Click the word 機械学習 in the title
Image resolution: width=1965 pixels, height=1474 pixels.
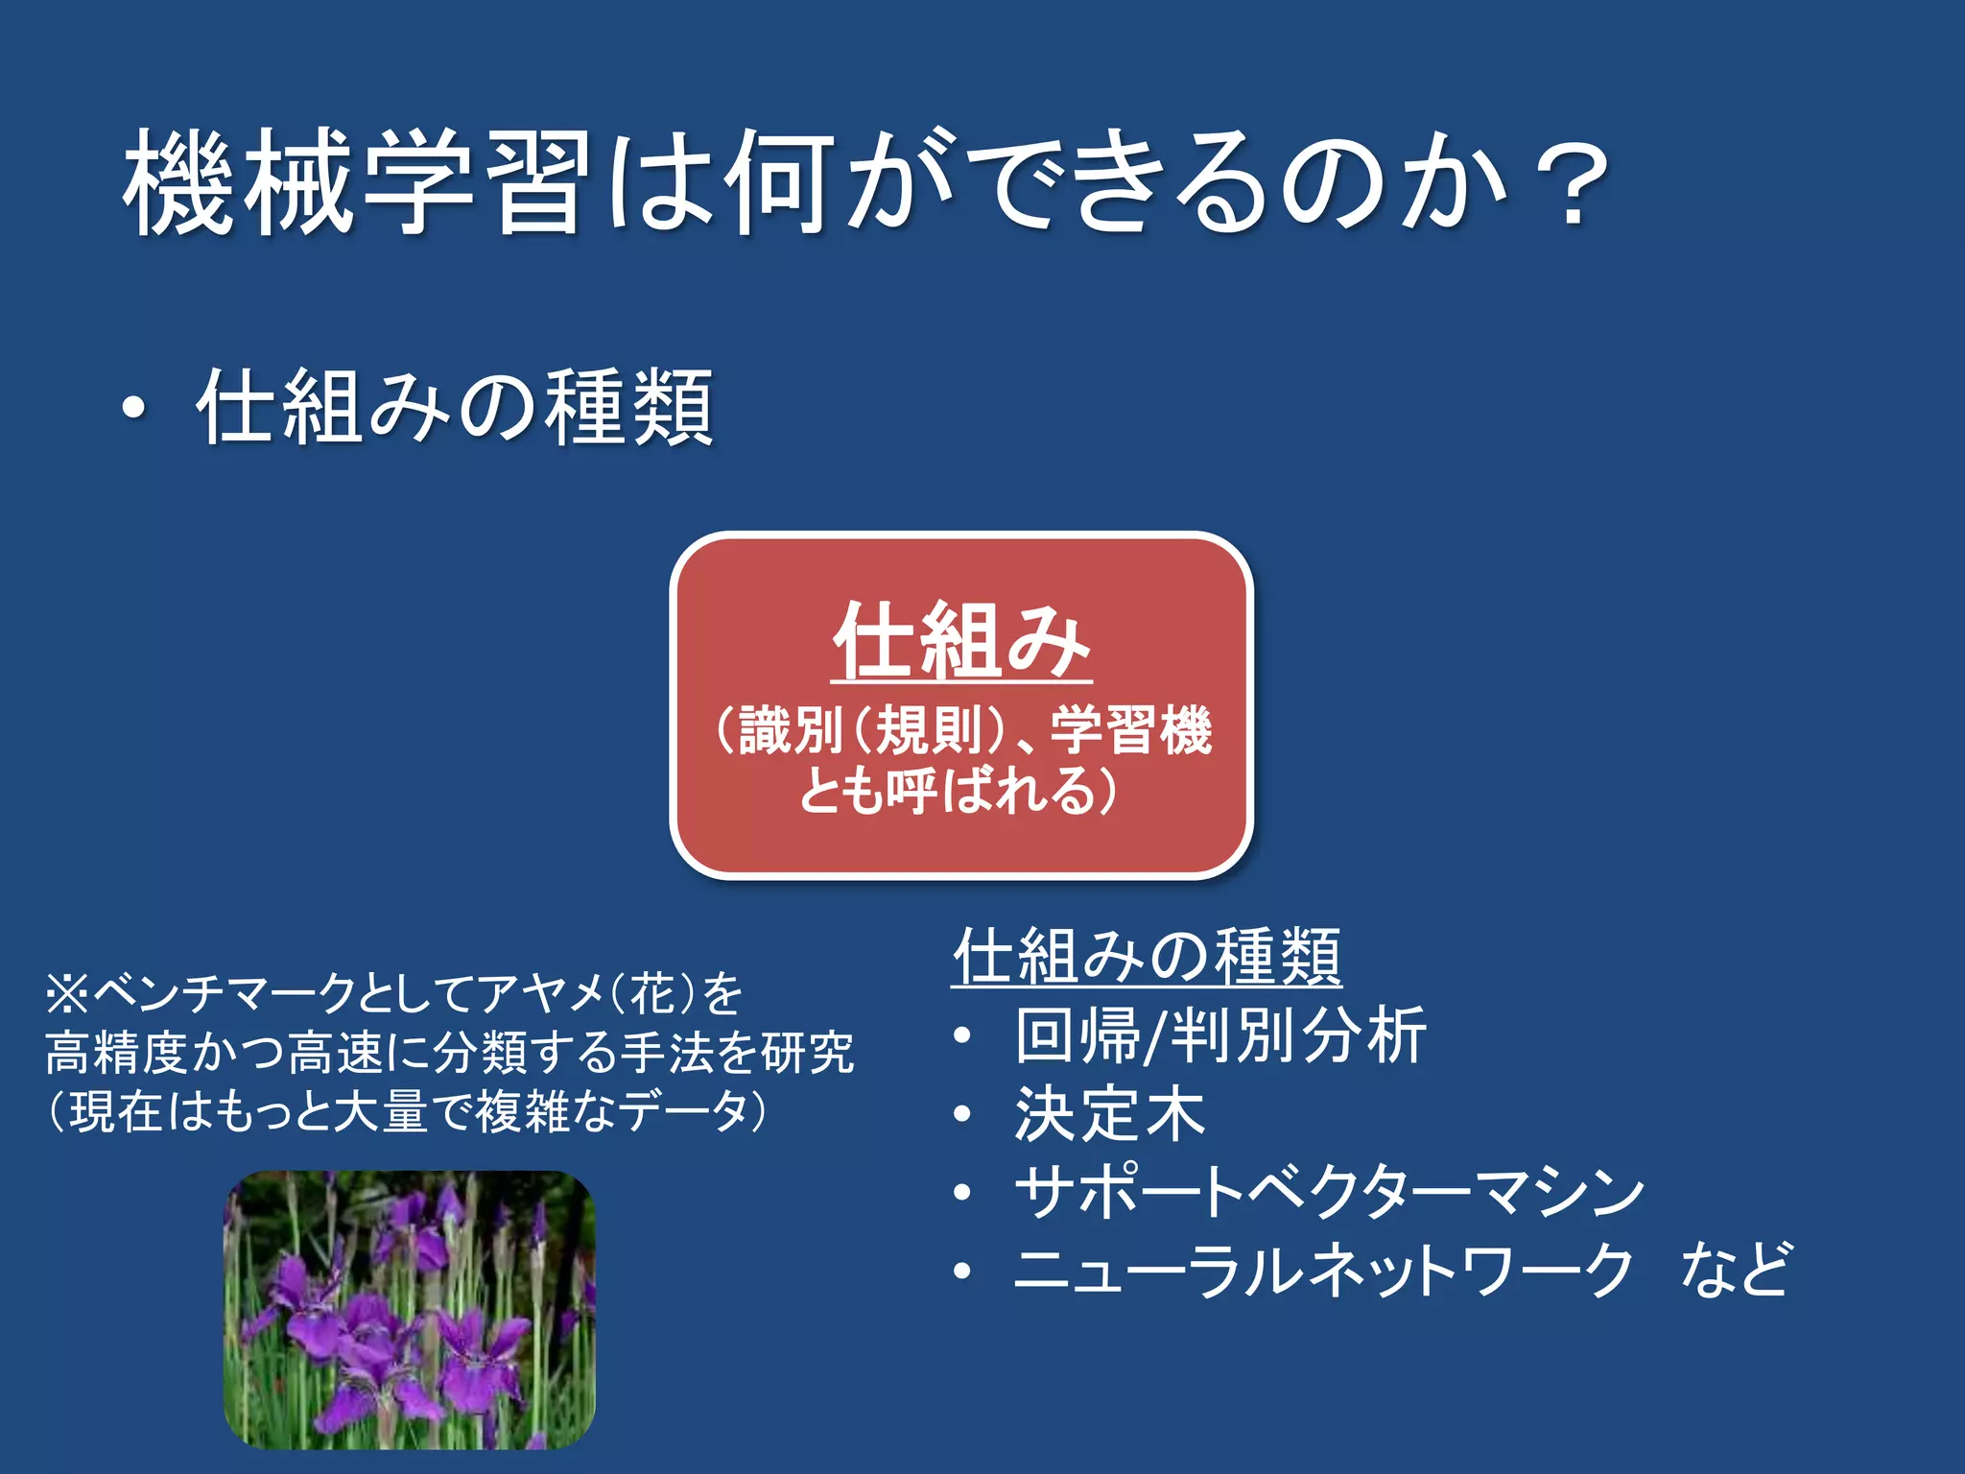pos(355,182)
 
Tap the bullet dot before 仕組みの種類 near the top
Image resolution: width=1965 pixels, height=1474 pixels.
pos(135,410)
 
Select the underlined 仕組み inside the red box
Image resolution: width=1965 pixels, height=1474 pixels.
pos(961,640)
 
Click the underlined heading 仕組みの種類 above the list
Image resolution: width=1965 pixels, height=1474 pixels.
pos(1147,956)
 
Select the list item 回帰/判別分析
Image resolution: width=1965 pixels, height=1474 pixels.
pos(1220,1035)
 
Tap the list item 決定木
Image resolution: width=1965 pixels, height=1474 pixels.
pos(1109,1114)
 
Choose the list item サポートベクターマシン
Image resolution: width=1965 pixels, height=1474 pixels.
pos(1329,1193)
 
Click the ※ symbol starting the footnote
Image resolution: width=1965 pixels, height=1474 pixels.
pos(67,994)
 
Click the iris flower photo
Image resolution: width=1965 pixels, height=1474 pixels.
pos(410,1310)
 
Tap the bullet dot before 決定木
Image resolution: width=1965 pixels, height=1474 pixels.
pos(963,1115)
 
